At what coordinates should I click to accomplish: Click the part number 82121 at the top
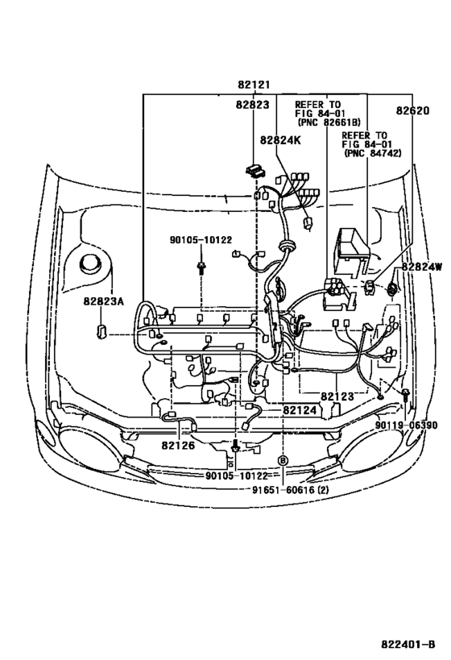tap(253, 85)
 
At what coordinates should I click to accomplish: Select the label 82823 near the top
tap(252, 105)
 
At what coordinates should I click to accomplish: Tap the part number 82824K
tap(280, 139)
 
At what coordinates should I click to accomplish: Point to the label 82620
tap(412, 110)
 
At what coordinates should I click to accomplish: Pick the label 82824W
tap(421, 267)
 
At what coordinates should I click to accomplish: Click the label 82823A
tap(104, 301)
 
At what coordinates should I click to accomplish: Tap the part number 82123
tap(337, 396)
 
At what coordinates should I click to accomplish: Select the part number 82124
tap(299, 409)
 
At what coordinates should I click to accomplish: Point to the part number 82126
tap(178, 445)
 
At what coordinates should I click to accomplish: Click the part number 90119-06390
tap(406, 425)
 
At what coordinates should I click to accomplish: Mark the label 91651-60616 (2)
tap(290, 490)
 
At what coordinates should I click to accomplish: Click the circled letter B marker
tap(283, 460)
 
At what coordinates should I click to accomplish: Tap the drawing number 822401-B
tap(408, 644)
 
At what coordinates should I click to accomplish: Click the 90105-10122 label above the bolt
tap(201, 240)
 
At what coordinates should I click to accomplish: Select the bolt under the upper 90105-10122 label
tap(201, 268)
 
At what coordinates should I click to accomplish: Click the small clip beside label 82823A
tap(101, 331)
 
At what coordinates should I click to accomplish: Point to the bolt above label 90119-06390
tap(405, 395)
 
